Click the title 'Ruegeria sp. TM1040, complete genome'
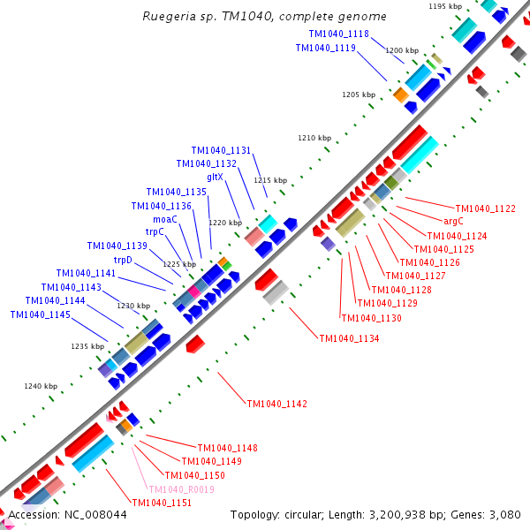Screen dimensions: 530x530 pyautogui.click(x=264, y=16)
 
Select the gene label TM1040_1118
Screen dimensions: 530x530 pyautogui.click(x=339, y=34)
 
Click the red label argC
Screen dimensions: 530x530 pyautogui.click(x=453, y=222)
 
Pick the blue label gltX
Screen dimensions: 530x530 pyautogui.click(x=215, y=177)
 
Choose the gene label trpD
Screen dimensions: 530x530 pyautogui.click(x=123, y=260)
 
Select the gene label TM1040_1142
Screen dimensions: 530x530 pyautogui.click(x=277, y=404)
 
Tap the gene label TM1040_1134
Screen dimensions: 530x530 pyautogui.click(x=349, y=338)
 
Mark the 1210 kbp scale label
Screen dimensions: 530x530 pyautogui.click(x=314, y=138)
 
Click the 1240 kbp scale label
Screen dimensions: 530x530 pyautogui.click(x=41, y=386)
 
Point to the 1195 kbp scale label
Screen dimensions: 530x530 pyautogui.click(x=444, y=6)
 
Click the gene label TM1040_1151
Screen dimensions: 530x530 pyautogui.click(x=162, y=503)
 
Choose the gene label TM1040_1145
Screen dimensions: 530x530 pyautogui.click(x=40, y=314)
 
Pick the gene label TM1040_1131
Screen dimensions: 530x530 pyautogui.click(x=221, y=150)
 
